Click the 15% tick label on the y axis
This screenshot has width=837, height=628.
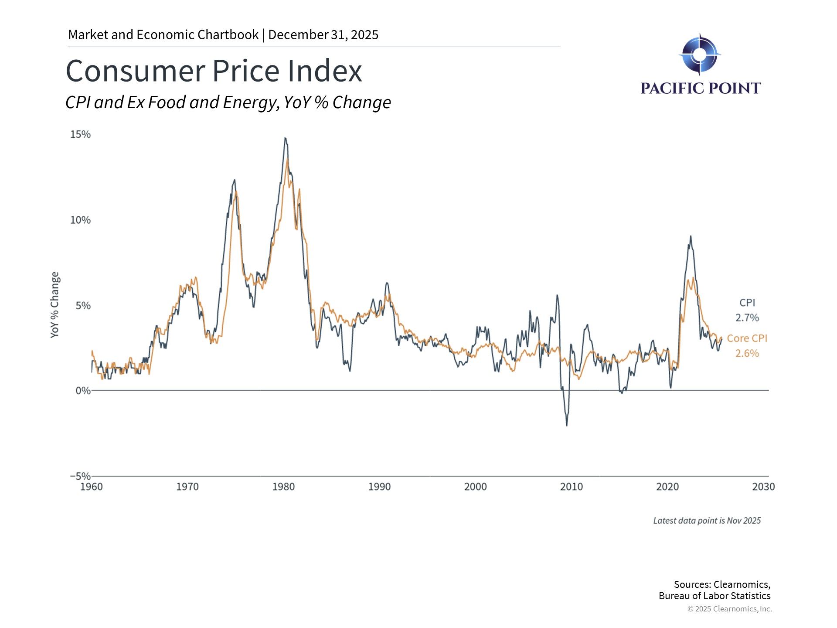pyautogui.click(x=80, y=134)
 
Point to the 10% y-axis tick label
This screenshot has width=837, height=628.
pyautogui.click(x=80, y=220)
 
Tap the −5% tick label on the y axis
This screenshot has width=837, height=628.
pyautogui.click(x=80, y=476)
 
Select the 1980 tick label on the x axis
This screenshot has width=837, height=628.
pyautogui.click(x=283, y=487)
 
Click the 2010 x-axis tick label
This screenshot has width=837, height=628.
pyautogui.click(x=571, y=487)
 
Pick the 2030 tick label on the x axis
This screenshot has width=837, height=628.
pyautogui.click(x=763, y=487)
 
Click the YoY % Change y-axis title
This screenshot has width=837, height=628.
pyautogui.click(x=54, y=304)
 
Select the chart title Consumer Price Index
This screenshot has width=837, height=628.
pyautogui.click(x=214, y=71)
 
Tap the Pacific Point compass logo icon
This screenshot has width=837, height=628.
pyautogui.click(x=700, y=55)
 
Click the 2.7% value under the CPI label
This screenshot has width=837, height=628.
pyautogui.click(x=747, y=318)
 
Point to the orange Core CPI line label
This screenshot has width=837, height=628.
pyautogui.click(x=747, y=338)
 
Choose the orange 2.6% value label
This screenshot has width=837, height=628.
pyautogui.click(x=747, y=353)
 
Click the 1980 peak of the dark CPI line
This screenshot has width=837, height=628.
pyautogui.click(x=285, y=138)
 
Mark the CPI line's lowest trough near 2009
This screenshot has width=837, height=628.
pyautogui.click(x=567, y=425)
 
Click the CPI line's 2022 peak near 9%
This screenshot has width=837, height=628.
pyautogui.click(x=691, y=236)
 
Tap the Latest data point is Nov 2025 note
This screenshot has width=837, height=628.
pyautogui.click(x=707, y=521)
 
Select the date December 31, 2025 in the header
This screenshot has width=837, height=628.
pyautogui.click(x=323, y=35)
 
